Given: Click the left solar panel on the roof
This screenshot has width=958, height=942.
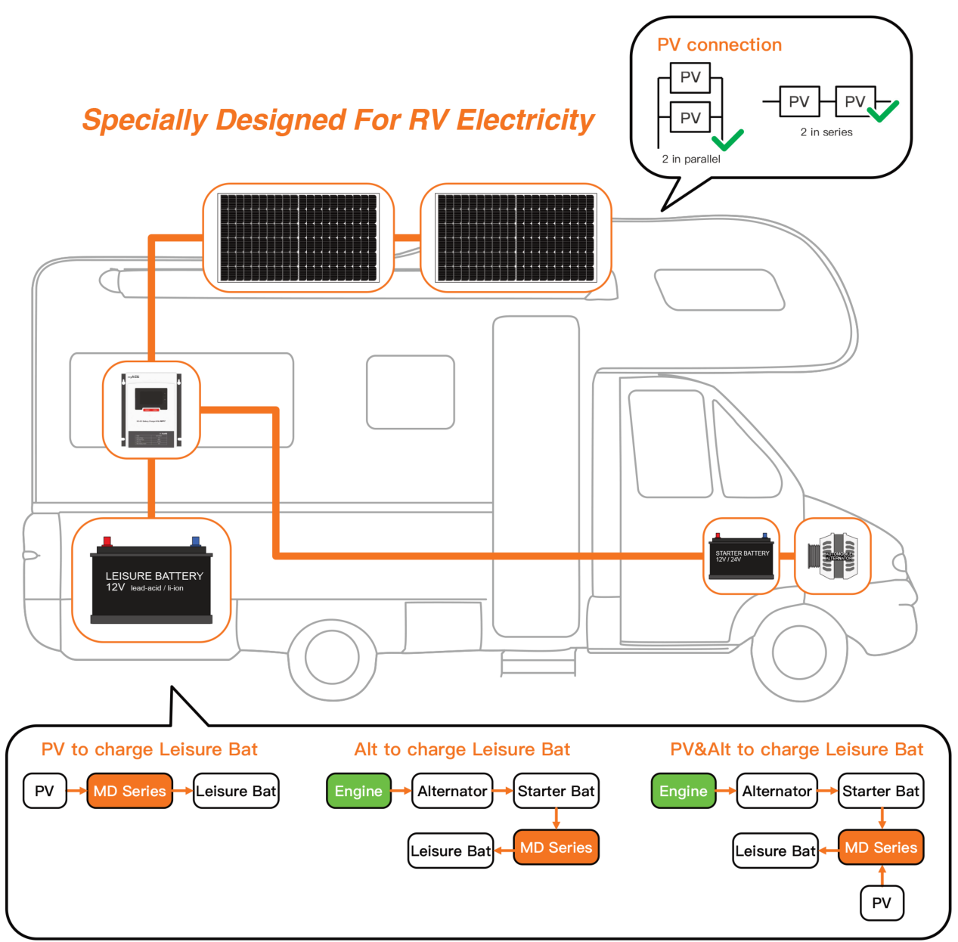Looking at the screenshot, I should click(x=299, y=237).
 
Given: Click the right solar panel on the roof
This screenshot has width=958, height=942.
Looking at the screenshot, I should click(x=516, y=237).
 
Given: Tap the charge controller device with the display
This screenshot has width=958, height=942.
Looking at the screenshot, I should click(x=151, y=410).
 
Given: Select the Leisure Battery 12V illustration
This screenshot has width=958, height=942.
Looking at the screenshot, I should click(x=151, y=581).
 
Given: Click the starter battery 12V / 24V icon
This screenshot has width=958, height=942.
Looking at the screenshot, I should click(x=741, y=556).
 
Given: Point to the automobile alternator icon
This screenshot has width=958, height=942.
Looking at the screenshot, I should click(x=832, y=556).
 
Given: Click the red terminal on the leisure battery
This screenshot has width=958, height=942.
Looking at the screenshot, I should click(x=107, y=541).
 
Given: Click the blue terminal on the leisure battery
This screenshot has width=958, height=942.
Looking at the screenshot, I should click(x=195, y=541).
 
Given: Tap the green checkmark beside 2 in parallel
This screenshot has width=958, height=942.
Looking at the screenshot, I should click(x=727, y=139).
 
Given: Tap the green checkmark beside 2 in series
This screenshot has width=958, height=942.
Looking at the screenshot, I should click(x=883, y=110).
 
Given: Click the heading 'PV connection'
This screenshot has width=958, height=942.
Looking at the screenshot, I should click(x=719, y=45).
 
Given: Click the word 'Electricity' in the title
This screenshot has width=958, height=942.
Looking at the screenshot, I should click(x=526, y=120).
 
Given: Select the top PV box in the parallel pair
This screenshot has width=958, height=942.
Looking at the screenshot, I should click(x=690, y=77).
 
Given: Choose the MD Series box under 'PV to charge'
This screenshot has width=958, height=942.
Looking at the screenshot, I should click(x=129, y=791).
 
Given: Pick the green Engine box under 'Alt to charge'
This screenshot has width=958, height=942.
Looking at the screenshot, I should click(x=358, y=791).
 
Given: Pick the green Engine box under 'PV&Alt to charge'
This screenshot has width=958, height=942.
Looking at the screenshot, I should click(x=683, y=791).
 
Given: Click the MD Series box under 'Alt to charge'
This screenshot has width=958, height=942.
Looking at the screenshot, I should click(x=556, y=847).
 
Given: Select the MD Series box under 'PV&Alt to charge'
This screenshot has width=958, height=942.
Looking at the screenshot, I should click(x=881, y=847).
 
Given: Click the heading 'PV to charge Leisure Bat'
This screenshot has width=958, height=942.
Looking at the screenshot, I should click(x=150, y=749).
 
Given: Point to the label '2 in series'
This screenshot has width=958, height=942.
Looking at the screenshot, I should click(x=826, y=132).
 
